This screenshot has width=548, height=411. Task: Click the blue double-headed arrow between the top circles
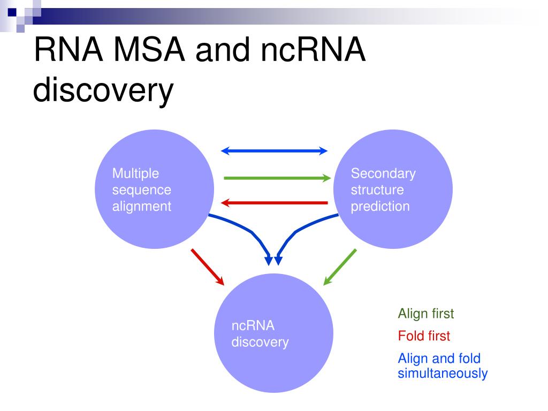coord(275,151)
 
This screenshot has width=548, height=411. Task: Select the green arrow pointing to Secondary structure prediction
coord(277,178)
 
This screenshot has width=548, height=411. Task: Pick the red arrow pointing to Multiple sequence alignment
coord(275,203)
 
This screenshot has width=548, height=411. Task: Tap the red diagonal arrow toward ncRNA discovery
coord(208,267)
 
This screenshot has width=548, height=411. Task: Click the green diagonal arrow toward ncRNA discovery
coord(340,267)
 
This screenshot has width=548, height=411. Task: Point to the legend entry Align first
coord(425,314)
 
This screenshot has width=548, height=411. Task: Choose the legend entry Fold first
coord(424,336)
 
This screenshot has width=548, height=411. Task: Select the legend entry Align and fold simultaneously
coord(443,366)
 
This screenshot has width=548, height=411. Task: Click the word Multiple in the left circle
coord(135,174)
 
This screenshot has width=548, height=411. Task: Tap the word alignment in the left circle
coord(141,207)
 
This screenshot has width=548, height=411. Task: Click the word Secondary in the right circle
coord(383,174)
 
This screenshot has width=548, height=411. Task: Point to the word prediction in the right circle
coord(380,207)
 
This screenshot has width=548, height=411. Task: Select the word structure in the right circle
coord(377,190)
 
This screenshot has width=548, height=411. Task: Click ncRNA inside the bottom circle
coord(253,326)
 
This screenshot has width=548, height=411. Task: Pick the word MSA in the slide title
coord(149,50)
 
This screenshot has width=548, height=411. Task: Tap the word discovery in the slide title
coord(103,90)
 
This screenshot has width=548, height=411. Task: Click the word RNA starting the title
coord(68,50)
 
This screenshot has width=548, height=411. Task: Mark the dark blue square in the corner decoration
coord(12,12)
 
